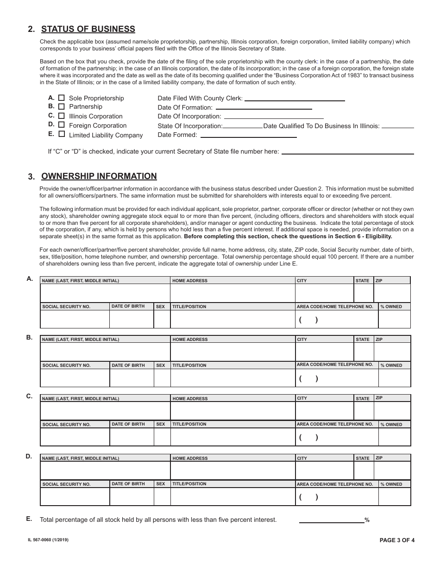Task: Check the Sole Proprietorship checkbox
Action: [x=62, y=98]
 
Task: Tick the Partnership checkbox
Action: [x=62, y=106]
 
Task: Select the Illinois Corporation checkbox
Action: [x=62, y=116]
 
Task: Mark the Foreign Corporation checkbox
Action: [x=62, y=125]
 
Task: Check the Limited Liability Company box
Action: [x=62, y=134]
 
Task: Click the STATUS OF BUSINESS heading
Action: [x=88, y=29]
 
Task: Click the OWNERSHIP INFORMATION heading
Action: [x=99, y=176]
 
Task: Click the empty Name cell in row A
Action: [x=105, y=293]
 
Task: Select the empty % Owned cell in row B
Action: [x=395, y=378]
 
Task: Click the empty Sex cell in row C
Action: [x=162, y=437]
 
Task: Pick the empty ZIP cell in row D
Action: [x=392, y=470]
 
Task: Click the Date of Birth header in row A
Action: [x=128, y=306]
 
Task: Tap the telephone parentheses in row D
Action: [x=308, y=498]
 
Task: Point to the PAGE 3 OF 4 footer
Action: [x=397, y=540]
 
